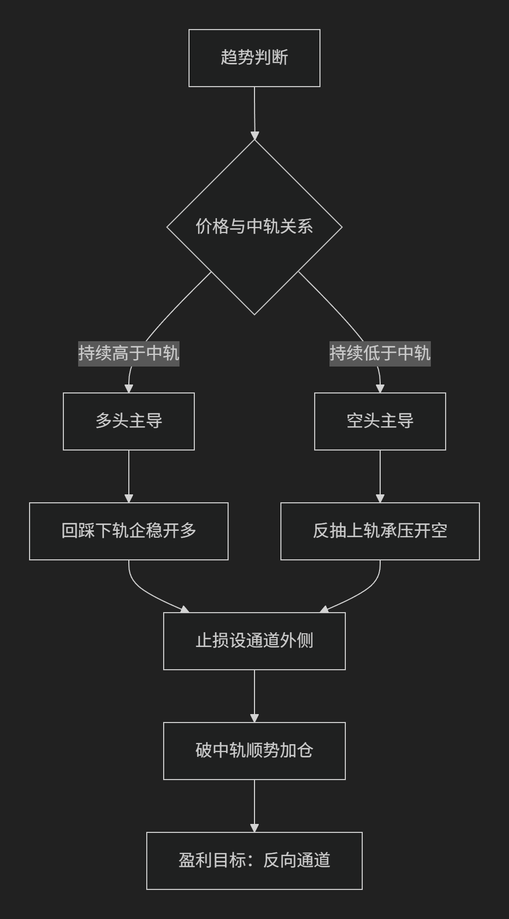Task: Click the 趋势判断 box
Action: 254,58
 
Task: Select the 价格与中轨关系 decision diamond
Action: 254,227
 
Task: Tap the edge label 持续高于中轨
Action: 129,353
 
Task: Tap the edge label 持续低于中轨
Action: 380,353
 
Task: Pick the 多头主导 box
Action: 129,421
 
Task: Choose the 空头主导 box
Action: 380,421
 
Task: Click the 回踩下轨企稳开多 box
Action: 129,531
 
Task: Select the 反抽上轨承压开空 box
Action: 380,531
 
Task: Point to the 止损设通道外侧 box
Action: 254,641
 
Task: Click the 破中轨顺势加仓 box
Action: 254,751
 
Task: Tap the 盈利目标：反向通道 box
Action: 254,861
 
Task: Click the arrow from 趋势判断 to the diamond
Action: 254,113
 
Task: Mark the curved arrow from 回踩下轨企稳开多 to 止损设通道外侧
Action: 145,592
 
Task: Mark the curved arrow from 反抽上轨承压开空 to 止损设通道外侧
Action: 364,592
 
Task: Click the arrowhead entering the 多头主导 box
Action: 129,389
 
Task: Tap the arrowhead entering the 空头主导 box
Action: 380,389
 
